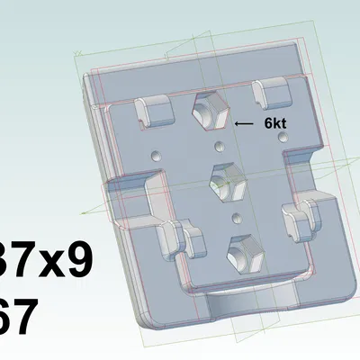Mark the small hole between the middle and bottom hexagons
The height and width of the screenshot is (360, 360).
click(236, 217)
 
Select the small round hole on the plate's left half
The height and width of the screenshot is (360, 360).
click(155, 155)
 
